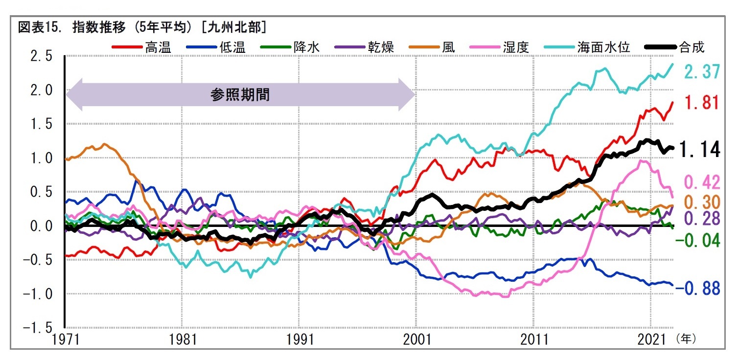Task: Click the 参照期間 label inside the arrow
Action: (240, 95)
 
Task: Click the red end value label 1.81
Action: (702, 103)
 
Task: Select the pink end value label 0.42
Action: (702, 182)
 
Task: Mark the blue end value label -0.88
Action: (698, 289)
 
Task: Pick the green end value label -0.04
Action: (698, 240)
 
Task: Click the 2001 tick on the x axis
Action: (416, 339)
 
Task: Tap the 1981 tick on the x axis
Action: (182, 339)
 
